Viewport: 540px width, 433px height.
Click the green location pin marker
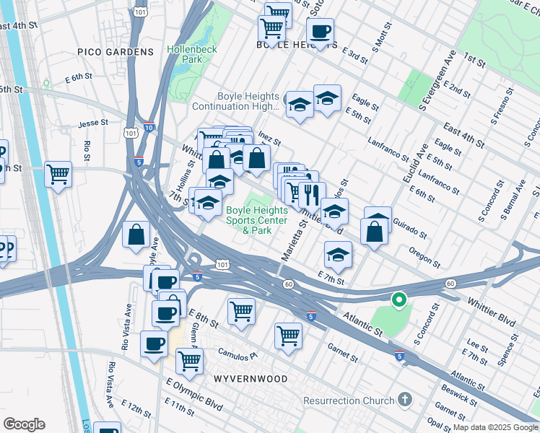click(x=398, y=299)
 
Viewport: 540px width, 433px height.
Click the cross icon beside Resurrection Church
click(x=405, y=400)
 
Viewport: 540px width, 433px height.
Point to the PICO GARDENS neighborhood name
click(x=116, y=52)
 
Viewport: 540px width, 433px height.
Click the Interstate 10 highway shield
click(x=149, y=126)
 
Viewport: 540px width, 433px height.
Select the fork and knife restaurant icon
click(x=311, y=193)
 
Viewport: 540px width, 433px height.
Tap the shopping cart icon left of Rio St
click(x=58, y=173)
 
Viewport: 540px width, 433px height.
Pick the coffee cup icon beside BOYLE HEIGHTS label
click(x=320, y=31)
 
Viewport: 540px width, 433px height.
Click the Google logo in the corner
click(x=24, y=424)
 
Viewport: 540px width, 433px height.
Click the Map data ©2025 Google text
click(x=495, y=427)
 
